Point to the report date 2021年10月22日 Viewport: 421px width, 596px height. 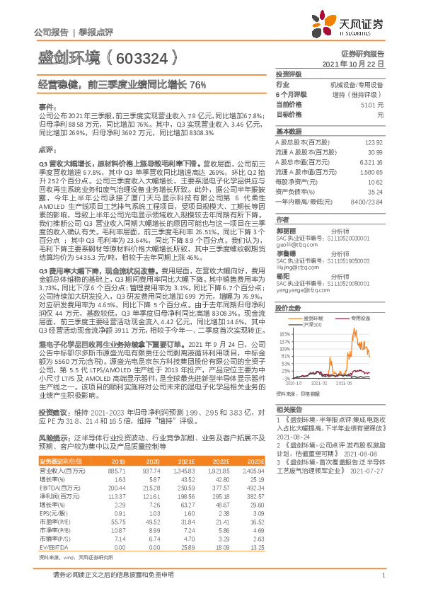(x=358, y=63)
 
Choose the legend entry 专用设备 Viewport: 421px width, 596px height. (x=354, y=319)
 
